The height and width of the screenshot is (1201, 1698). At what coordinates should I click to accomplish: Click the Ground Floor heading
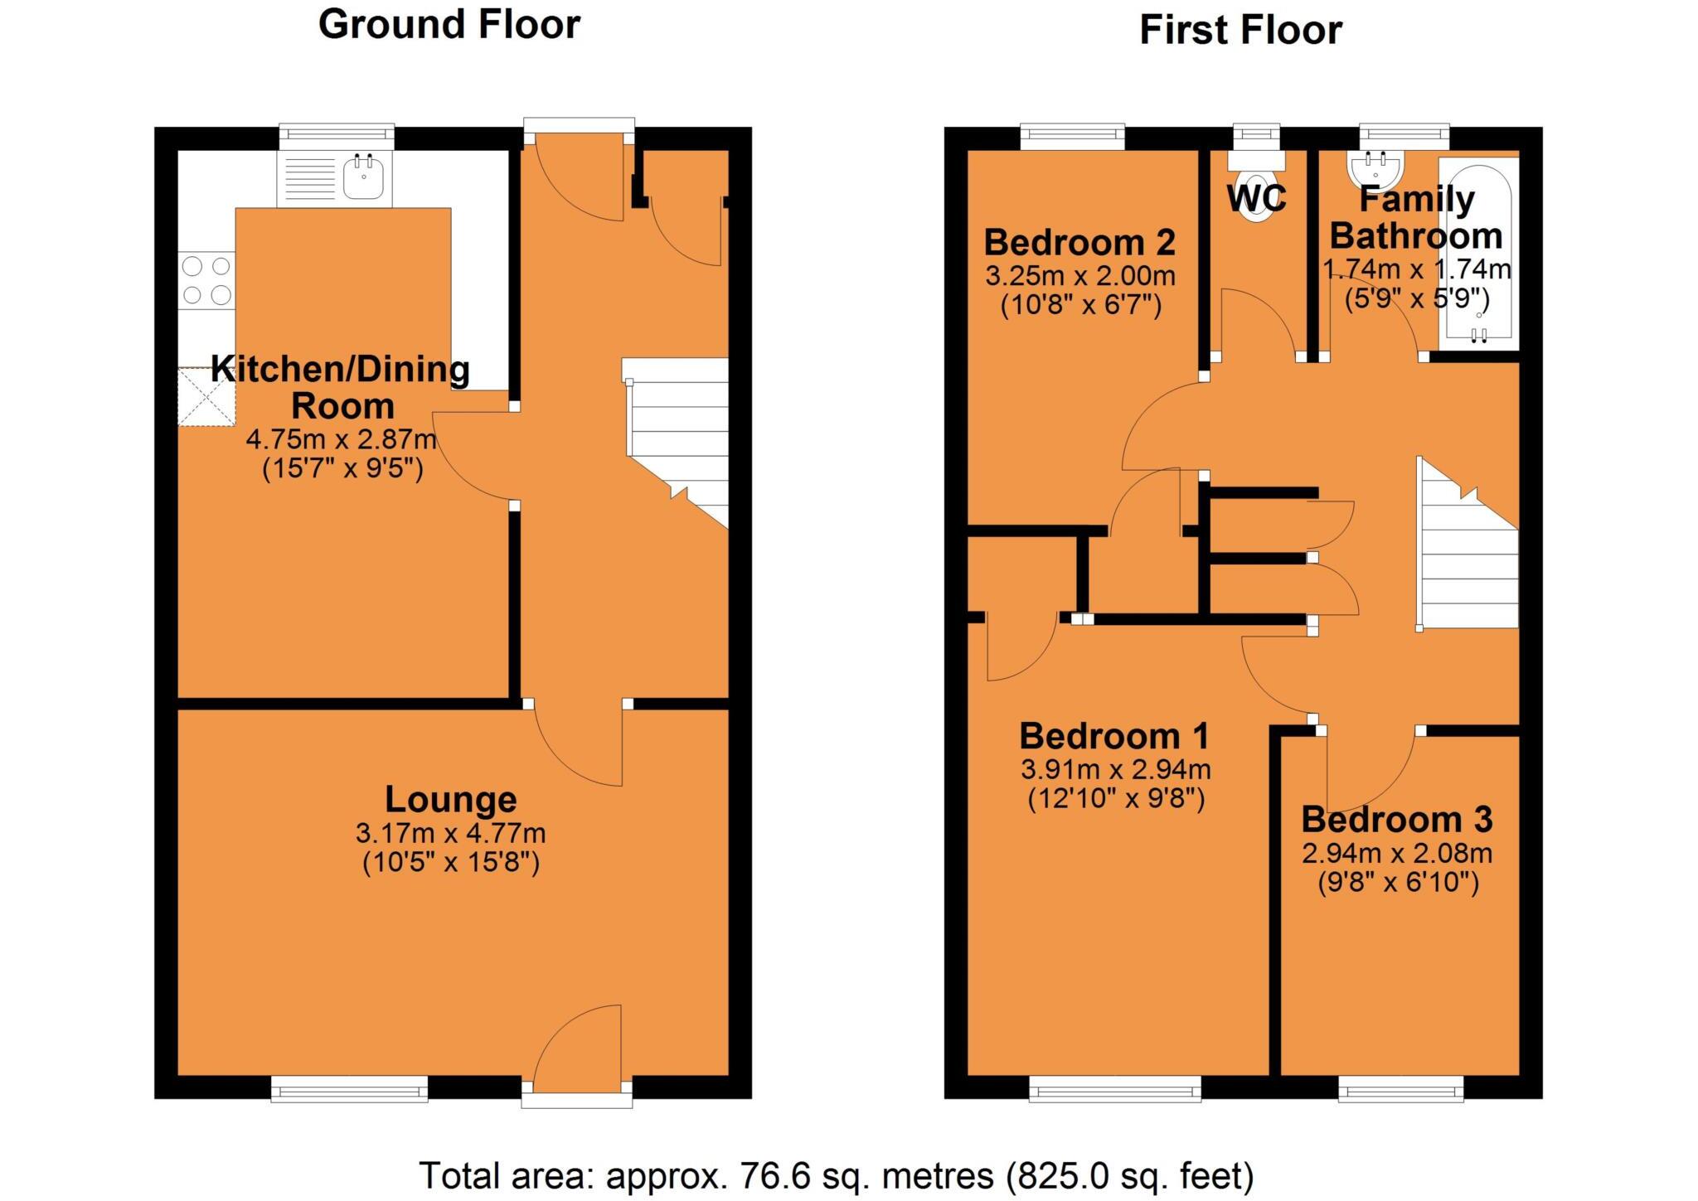(449, 24)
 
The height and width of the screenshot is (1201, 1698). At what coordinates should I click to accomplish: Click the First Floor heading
(1240, 31)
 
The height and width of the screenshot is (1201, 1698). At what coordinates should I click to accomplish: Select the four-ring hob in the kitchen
(206, 281)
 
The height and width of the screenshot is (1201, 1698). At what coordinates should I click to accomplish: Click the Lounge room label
(450, 800)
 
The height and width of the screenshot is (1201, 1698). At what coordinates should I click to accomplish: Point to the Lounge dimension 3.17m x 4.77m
(450, 832)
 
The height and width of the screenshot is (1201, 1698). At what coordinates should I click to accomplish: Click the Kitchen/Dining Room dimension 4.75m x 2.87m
(341, 438)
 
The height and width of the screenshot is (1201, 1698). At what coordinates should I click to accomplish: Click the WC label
(1256, 199)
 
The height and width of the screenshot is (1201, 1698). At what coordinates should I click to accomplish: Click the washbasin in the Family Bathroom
(1375, 169)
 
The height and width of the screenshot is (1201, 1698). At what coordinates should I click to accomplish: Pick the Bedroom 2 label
(1079, 243)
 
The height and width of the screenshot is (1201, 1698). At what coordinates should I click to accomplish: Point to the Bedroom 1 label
(1113, 736)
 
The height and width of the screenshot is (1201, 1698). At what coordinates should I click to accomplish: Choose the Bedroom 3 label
(1397, 820)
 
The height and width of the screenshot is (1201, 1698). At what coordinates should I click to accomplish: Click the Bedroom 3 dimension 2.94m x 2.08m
(1397, 853)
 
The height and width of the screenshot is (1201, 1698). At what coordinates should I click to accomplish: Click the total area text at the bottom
(836, 1175)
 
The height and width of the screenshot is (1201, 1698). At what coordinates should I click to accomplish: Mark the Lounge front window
(349, 1089)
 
